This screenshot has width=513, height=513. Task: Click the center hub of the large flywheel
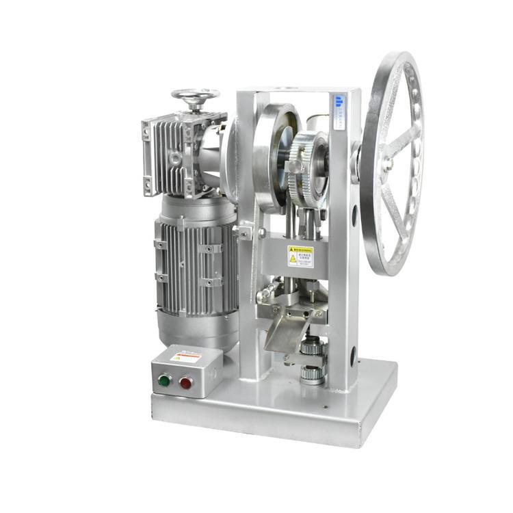tap(387, 163)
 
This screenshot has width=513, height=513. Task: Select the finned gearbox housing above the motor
tap(174, 154)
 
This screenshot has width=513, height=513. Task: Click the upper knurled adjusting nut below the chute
tap(312, 348)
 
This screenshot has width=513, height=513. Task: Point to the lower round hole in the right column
tap(354, 356)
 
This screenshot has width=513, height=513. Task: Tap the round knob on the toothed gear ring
tap(295, 166)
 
